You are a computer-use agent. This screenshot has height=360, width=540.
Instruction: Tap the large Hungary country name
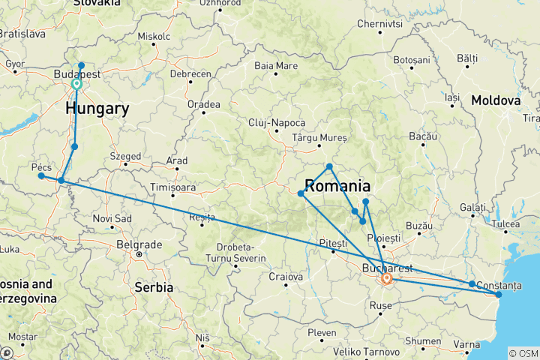click(x=97, y=109)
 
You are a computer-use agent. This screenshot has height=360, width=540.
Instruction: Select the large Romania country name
click(x=337, y=186)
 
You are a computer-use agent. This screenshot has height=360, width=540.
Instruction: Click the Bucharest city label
click(x=385, y=267)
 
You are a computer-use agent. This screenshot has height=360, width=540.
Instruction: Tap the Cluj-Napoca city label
click(x=277, y=122)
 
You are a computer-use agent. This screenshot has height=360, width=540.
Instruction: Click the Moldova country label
click(x=496, y=100)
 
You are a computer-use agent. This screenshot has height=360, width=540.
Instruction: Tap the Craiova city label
click(x=289, y=277)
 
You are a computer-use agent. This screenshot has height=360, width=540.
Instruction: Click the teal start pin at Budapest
click(x=76, y=85)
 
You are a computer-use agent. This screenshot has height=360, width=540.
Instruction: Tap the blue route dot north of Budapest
click(x=82, y=66)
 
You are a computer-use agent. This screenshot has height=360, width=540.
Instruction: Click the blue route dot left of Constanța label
click(x=472, y=284)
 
